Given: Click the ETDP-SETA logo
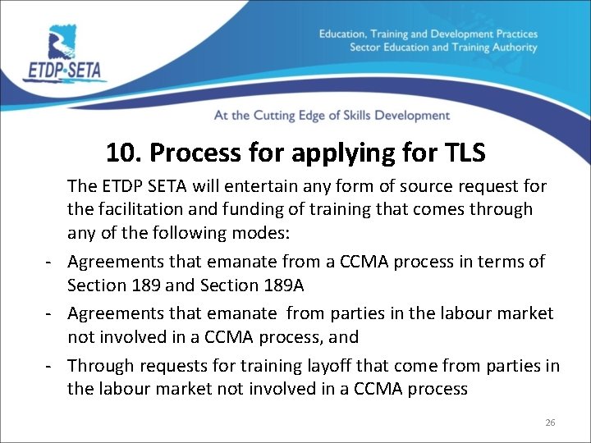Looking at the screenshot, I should [x=65, y=53].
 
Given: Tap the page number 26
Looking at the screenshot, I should [x=550, y=422].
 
